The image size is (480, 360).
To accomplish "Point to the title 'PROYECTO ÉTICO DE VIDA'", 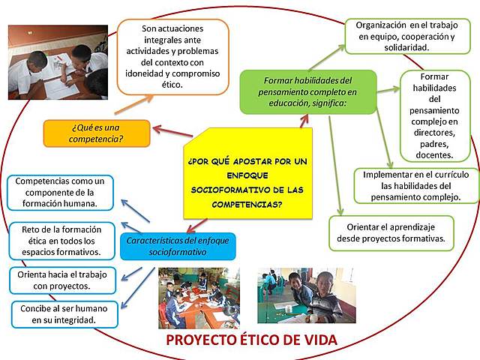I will tap(251, 340).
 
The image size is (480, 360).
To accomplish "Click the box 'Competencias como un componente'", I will tap(59, 193).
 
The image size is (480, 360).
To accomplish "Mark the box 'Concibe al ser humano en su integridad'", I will tap(64, 313).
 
